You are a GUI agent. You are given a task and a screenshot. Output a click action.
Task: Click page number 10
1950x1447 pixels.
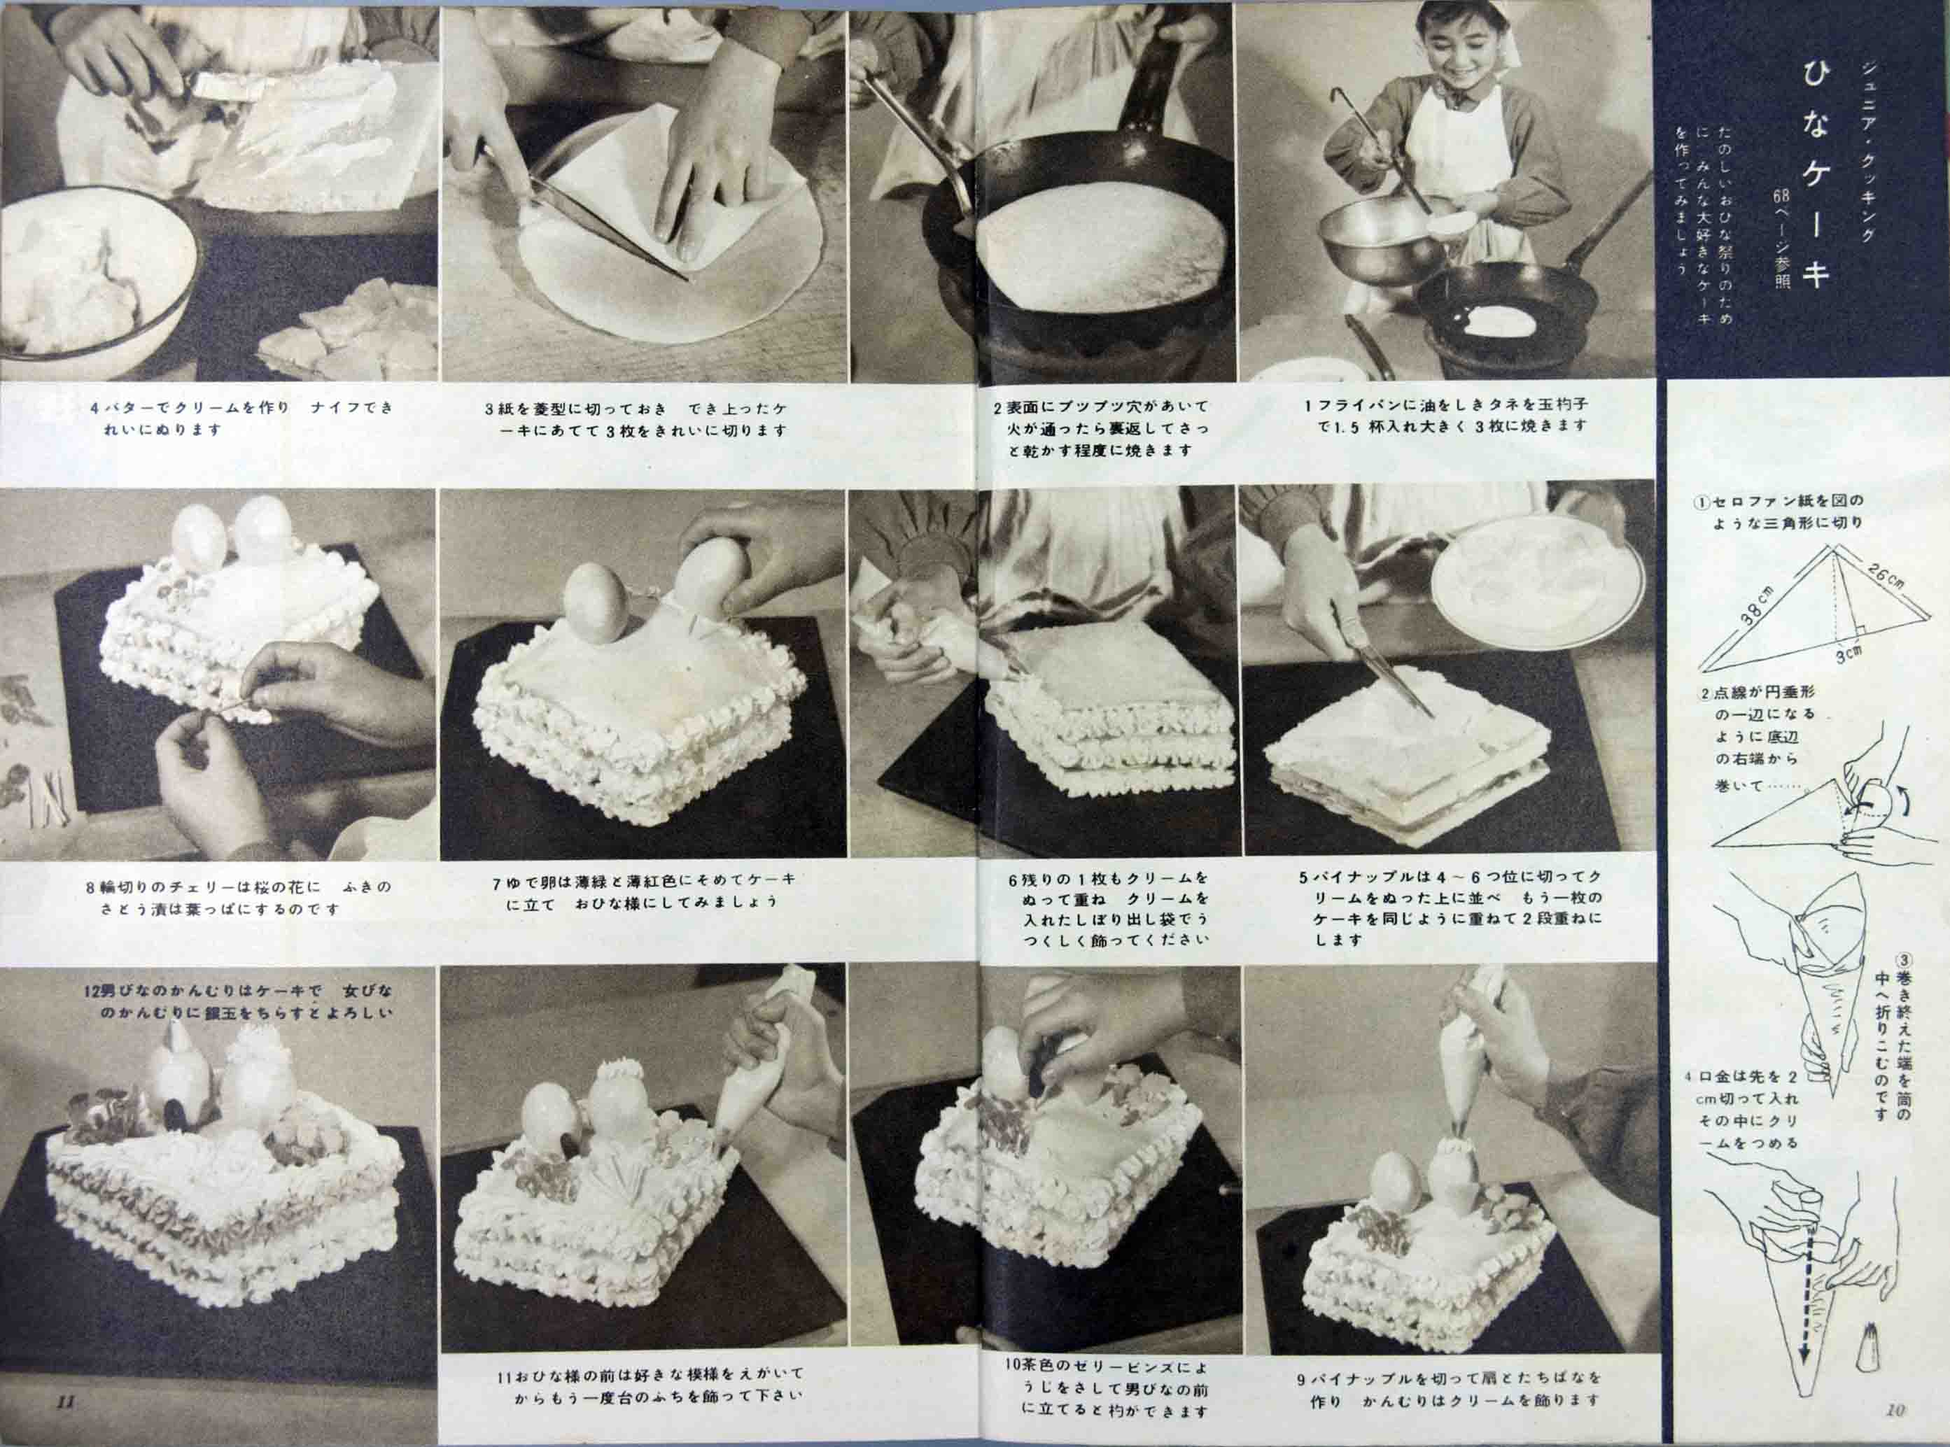[x=1895, y=1409]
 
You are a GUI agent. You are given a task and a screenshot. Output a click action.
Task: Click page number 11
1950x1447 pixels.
[x=66, y=1401]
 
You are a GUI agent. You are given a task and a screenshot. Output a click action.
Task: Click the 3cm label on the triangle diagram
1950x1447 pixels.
[x=1849, y=653]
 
